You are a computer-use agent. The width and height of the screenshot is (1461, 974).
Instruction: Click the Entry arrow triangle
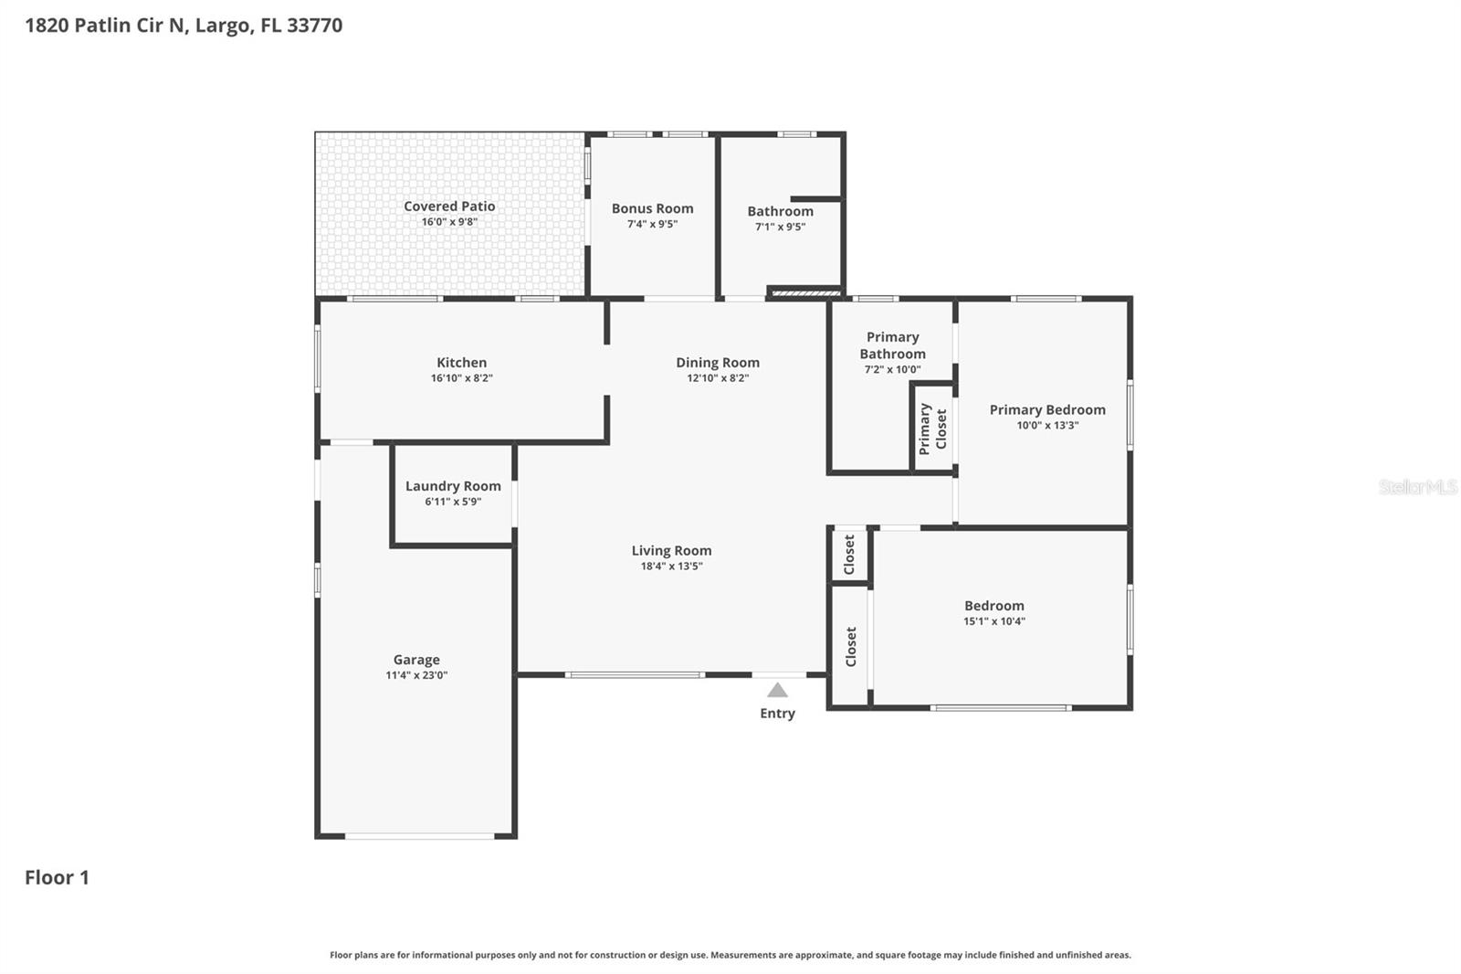click(x=777, y=691)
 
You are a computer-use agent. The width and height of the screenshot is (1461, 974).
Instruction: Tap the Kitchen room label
click(x=461, y=363)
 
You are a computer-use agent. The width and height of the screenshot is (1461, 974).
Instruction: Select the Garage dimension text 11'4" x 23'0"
click(x=416, y=676)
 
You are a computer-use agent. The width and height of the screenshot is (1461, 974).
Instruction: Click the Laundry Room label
click(x=453, y=486)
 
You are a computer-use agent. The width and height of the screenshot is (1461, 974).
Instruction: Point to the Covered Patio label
click(x=449, y=206)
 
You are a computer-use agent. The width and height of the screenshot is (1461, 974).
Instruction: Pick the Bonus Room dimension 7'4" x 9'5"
click(x=652, y=224)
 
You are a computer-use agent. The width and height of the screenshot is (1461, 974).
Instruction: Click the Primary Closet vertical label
click(x=932, y=429)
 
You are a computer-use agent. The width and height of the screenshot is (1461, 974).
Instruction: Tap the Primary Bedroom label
click(x=1047, y=410)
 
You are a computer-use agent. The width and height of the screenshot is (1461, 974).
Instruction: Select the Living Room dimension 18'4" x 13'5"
click(x=671, y=566)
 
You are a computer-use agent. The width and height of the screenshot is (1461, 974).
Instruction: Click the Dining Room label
click(x=718, y=363)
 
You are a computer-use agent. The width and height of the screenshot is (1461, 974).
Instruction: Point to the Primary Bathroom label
click(x=892, y=345)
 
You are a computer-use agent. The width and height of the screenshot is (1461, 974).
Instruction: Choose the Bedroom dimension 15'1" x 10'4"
click(x=993, y=621)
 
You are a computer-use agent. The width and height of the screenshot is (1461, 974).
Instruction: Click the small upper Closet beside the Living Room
click(x=849, y=555)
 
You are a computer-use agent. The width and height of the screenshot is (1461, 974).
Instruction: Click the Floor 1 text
click(x=57, y=878)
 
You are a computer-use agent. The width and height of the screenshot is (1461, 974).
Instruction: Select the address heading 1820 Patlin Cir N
click(x=184, y=26)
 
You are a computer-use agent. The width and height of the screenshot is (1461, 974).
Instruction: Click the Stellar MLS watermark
click(x=1417, y=487)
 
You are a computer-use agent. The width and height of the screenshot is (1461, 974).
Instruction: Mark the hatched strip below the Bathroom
click(x=805, y=293)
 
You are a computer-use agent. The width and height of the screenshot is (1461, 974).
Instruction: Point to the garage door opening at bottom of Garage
click(x=419, y=836)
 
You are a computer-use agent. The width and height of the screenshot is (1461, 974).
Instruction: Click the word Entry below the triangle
click(x=777, y=714)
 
